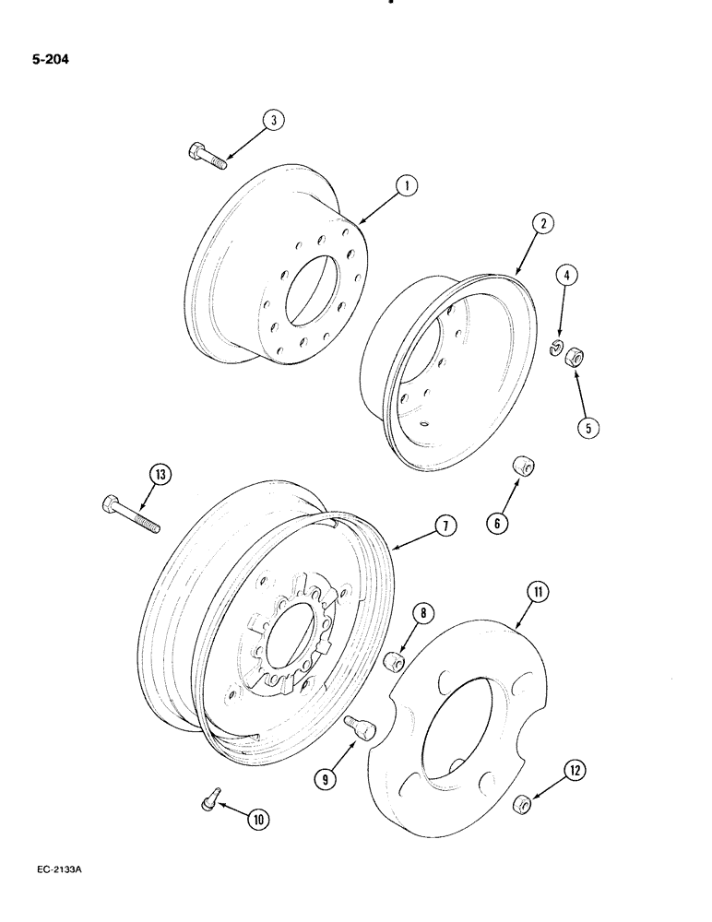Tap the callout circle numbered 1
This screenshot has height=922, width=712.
coord(404,187)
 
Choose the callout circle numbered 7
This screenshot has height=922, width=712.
coord(442,526)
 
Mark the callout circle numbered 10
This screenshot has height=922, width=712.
coord(256,816)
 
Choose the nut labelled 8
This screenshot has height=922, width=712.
coord(394,662)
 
